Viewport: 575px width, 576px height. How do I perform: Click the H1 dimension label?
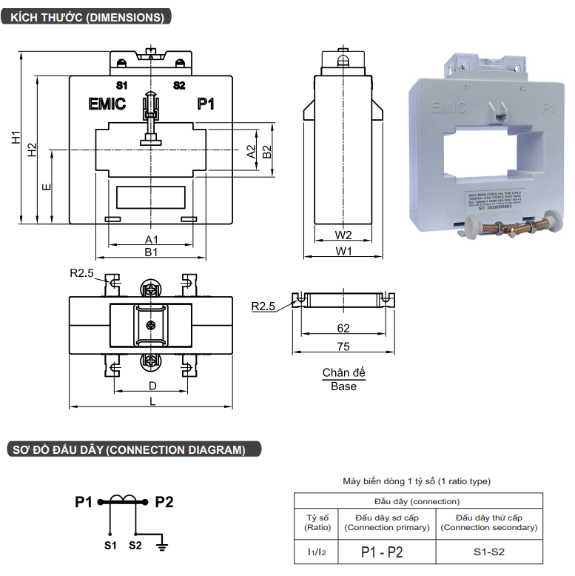(x=16, y=137)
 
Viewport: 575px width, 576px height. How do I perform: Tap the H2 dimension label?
(x=32, y=150)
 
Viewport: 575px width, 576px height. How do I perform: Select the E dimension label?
(x=47, y=187)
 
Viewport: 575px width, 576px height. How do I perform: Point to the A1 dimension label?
(x=151, y=240)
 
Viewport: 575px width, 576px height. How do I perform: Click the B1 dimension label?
(x=151, y=252)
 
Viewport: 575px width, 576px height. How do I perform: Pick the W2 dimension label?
(x=343, y=235)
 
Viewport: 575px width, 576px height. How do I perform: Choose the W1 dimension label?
(x=343, y=252)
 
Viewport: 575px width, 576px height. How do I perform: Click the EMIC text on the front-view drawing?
(x=107, y=104)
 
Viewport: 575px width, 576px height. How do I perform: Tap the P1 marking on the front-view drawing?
(x=206, y=104)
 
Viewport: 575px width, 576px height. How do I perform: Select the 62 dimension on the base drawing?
(x=343, y=328)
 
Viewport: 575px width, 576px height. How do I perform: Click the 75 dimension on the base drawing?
(x=343, y=346)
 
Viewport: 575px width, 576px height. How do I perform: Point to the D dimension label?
(x=152, y=386)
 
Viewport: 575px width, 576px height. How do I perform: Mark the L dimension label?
(x=152, y=401)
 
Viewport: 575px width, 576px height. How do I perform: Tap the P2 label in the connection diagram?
(x=164, y=503)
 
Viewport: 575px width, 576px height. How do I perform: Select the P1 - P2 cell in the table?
(x=386, y=552)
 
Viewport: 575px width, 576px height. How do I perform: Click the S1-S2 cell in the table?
(x=488, y=552)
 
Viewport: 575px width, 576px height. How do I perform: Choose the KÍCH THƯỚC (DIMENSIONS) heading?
(x=84, y=16)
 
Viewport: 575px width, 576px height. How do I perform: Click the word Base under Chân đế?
(x=343, y=386)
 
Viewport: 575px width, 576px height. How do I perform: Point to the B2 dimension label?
(x=267, y=151)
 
